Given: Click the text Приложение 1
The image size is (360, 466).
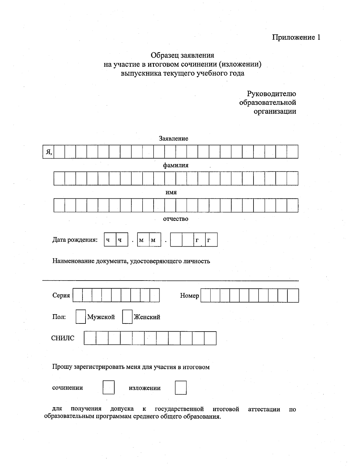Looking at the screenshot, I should (x=296, y=37).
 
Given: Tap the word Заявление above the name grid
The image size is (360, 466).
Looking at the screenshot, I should (x=173, y=138).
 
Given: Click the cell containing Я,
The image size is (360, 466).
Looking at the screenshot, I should (x=48, y=152).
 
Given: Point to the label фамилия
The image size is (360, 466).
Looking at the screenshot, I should (x=176, y=165).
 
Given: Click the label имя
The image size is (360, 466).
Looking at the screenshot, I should (x=171, y=192).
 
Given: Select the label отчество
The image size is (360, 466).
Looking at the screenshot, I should (x=175, y=219).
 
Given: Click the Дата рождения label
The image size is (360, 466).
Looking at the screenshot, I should (x=75, y=240).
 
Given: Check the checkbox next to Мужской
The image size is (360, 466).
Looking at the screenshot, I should (x=80, y=317).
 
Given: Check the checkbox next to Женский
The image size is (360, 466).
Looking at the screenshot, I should (x=127, y=317).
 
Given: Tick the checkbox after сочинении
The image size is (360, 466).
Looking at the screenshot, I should (x=108, y=387).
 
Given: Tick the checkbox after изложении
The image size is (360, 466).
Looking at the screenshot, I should (x=181, y=387).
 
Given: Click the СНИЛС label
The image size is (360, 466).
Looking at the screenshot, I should (x=63, y=338).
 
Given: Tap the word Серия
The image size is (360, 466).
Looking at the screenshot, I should (x=61, y=296).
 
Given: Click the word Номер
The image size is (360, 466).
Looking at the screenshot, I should (x=189, y=296).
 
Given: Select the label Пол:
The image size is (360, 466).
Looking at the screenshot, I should (x=59, y=317).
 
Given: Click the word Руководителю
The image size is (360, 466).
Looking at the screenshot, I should (x=271, y=94).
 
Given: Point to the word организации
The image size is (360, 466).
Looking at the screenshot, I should (x=275, y=111).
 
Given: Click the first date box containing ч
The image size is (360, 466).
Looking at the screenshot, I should (x=110, y=240).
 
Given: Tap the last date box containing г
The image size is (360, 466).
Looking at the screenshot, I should (x=211, y=240).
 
